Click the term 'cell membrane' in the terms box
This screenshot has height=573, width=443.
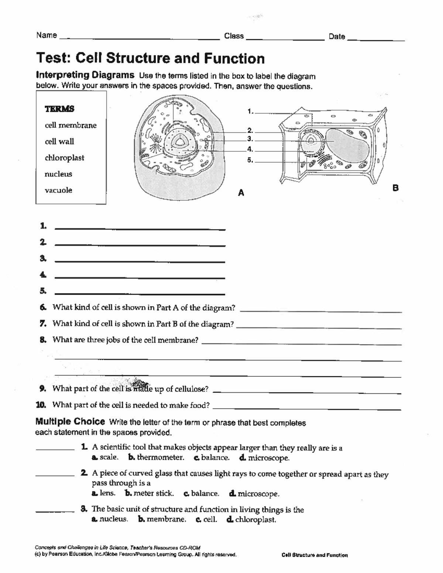(71, 125)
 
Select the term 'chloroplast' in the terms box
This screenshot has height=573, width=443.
(64, 158)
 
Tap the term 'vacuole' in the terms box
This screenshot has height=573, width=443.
(58, 190)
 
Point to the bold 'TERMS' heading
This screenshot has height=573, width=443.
(59, 109)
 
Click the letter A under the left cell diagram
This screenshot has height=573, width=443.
(241, 193)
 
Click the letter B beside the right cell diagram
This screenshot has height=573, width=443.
(396, 188)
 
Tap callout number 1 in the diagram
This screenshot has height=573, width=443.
(250, 111)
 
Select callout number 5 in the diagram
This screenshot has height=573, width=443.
(250, 160)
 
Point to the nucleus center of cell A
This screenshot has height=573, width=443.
(180, 142)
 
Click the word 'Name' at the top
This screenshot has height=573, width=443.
(47, 35)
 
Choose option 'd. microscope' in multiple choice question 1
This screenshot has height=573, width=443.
(264, 458)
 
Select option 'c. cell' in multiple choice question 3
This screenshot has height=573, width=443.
(207, 520)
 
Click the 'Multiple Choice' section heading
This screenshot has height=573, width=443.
(70, 422)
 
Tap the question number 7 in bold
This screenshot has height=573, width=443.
(43, 324)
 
